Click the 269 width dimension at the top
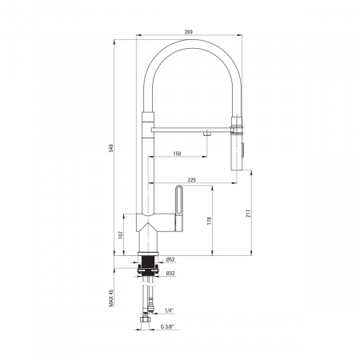189,32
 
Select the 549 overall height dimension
111,148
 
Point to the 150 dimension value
177,154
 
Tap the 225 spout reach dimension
192,180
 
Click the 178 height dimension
209,221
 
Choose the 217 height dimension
248,213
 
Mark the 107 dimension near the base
121,234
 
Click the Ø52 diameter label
170,259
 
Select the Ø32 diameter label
170,273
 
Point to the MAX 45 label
111,298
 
